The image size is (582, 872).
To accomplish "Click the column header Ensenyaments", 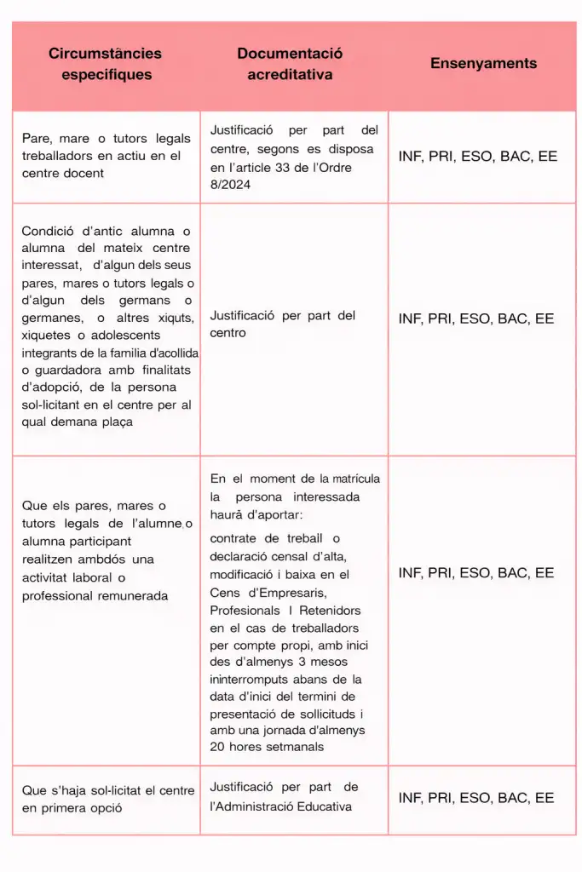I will pyautogui.click(x=483, y=63).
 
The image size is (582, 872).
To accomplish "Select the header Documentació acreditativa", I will pyautogui.click(x=290, y=64).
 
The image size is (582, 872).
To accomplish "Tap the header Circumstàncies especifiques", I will pyautogui.click(x=106, y=64).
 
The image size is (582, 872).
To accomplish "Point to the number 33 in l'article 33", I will pyautogui.click(x=296, y=167).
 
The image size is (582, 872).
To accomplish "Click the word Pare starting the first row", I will pyautogui.click(x=37, y=139).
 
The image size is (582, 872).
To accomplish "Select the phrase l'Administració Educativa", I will pyautogui.click(x=280, y=806).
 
